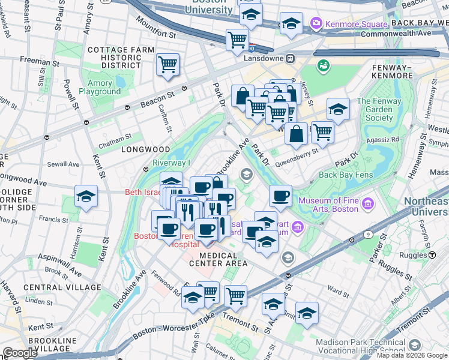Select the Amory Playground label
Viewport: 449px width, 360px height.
(100, 88)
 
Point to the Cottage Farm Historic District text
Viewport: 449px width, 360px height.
(114, 57)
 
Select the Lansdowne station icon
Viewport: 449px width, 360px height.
(290, 59)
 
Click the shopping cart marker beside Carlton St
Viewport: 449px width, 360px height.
(167, 64)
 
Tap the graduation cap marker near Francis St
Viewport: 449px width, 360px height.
(86, 196)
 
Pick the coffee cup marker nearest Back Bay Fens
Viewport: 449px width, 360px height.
(280, 195)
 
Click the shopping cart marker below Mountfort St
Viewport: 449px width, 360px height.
(237, 40)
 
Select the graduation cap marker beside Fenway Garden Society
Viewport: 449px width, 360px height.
(338, 109)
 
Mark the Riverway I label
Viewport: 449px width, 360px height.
(171, 163)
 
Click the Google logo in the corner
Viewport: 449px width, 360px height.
(19, 353)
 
